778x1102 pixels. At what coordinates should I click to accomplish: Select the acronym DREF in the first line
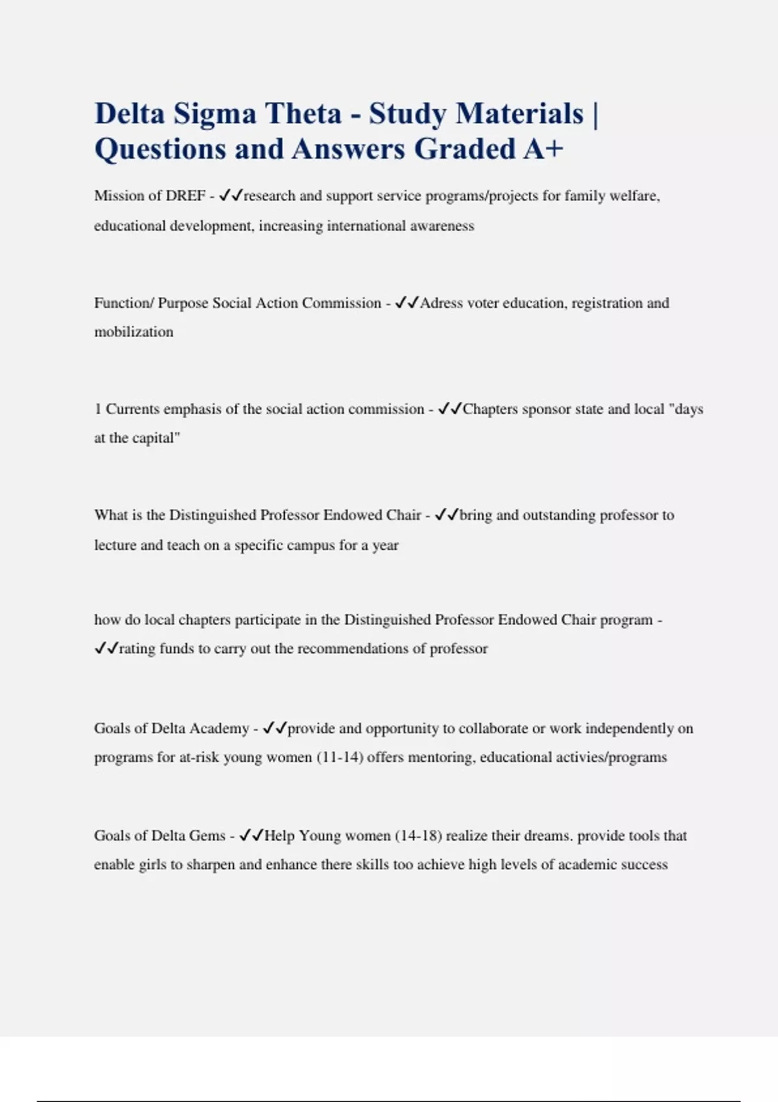click(x=185, y=196)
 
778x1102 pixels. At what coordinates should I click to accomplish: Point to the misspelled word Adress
click(x=442, y=303)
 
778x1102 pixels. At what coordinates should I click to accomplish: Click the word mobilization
click(x=134, y=332)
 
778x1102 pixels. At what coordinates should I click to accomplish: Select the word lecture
click(x=115, y=545)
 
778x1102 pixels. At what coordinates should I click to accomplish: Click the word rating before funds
click(x=137, y=649)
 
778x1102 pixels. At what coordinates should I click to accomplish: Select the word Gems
click(x=207, y=836)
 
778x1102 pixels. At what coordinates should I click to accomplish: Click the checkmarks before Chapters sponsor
click(x=449, y=409)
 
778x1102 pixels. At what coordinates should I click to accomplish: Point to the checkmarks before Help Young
click(x=251, y=836)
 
